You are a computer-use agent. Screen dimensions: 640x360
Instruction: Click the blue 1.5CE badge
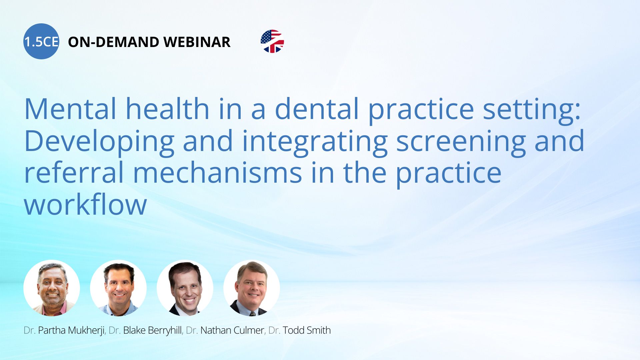41,41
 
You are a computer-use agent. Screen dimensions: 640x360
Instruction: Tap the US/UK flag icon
272,41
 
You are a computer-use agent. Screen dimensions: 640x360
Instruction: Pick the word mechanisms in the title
217,172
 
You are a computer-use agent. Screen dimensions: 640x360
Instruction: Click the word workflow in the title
85,204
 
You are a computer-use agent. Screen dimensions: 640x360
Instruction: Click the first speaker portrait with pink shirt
52,288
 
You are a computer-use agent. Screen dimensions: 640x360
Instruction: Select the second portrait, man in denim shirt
118,288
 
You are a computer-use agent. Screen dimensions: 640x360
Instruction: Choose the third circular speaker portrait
185,288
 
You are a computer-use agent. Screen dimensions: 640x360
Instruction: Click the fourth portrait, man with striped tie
252,288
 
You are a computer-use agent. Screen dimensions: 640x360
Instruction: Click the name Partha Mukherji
71,330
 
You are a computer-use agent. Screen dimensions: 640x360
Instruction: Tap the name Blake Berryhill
153,330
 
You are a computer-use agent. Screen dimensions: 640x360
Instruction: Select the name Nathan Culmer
232,330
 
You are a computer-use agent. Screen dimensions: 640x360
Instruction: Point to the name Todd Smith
307,330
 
